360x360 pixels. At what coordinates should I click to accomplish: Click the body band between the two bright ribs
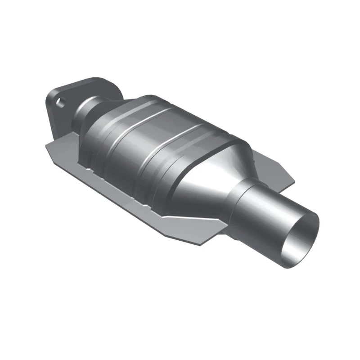pyautogui.click(x=148, y=135)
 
